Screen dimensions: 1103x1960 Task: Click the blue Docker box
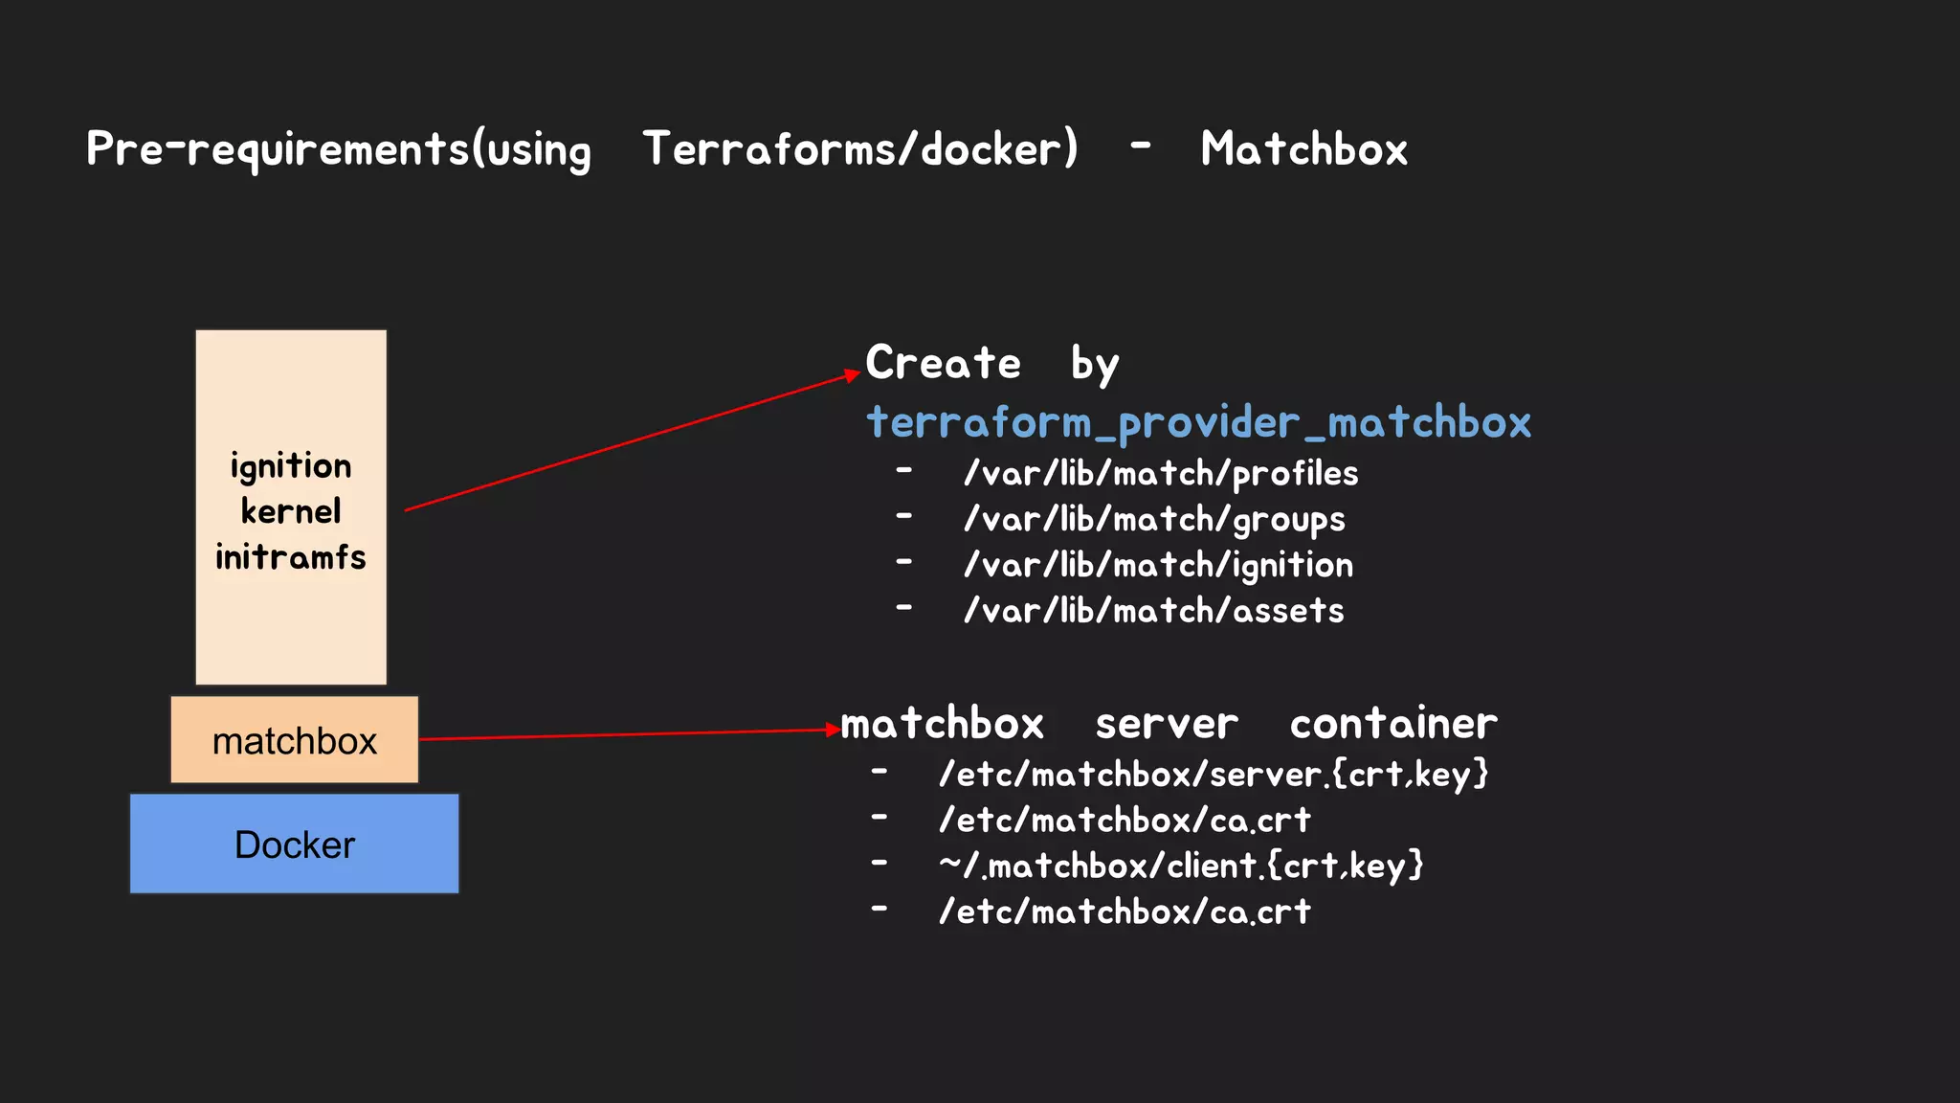pyautogui.click(x=294, y=844)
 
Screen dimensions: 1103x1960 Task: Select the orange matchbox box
pyautogui.click(x=294, y=740)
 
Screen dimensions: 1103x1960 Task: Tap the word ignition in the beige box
pyautogui.click(x=291, y=467)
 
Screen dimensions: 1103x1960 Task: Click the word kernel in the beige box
pyautogui.click(x=291, y=511)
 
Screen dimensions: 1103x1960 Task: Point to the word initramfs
pyautogui.click(x=291, y=557)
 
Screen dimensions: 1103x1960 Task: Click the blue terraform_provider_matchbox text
pyautogui.click(x=1198, y=422)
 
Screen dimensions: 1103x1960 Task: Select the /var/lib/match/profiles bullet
pyautogui.click(x=1161, y=474)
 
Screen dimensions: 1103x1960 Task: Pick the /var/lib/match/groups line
pyautogui.click(x=1154, y=520)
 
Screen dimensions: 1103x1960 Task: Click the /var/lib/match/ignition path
pyautogui.click(x=1158, y=566)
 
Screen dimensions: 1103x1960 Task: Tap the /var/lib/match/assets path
pyautogui.click(x=1153, y=611)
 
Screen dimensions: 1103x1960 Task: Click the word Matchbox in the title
pyautogui.click(x=1303, y=149)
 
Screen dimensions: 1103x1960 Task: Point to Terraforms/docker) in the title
pyautogui.click(x=860, y=149)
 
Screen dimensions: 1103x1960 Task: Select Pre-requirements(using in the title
pyautogui.click(x=339, y=150)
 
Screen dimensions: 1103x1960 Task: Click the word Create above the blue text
pyautogui.click(x=944, y=363)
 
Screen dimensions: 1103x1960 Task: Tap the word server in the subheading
pyautogui.click(x=1167, y=724)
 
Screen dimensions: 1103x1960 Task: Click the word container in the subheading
pyautogui.click(x=1393, y=724)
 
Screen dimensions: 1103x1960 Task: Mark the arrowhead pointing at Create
pyautogui.click(x=853, y=374)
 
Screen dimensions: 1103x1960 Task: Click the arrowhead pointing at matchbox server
pyautogui.click(x=833, y=730)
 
